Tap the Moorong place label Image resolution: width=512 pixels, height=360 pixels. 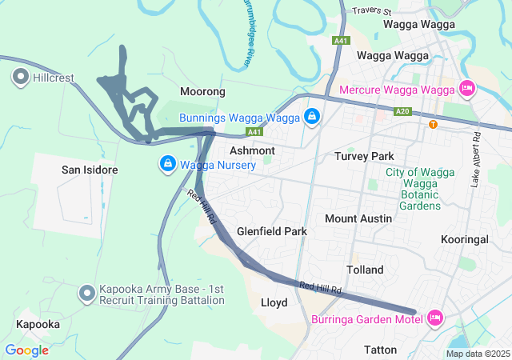pos(202,92)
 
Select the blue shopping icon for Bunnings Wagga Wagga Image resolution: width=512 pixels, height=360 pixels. pos(312,118)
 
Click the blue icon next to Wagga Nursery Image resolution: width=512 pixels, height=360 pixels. pos(167,165)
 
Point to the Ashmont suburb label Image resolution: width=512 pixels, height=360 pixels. pos(252,150)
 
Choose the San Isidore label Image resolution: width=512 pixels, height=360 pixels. pos(90,170)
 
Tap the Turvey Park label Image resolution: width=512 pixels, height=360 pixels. pos(365,156)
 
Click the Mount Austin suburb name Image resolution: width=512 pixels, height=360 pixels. pos(358,218)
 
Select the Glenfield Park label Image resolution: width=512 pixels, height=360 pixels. pos(272,231)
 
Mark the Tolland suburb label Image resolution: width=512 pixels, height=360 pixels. pos(365,270)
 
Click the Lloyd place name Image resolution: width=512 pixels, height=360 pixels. pos(274,303)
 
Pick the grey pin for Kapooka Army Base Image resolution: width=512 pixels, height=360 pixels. pos(86,294)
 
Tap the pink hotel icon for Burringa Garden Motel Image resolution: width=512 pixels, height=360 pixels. pos(436,318)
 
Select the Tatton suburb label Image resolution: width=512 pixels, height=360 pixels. pos(380,350)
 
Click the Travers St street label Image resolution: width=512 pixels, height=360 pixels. pos(371,12)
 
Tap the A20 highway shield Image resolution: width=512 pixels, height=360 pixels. pos(403,112)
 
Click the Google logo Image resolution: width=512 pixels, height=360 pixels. pos(26,350)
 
